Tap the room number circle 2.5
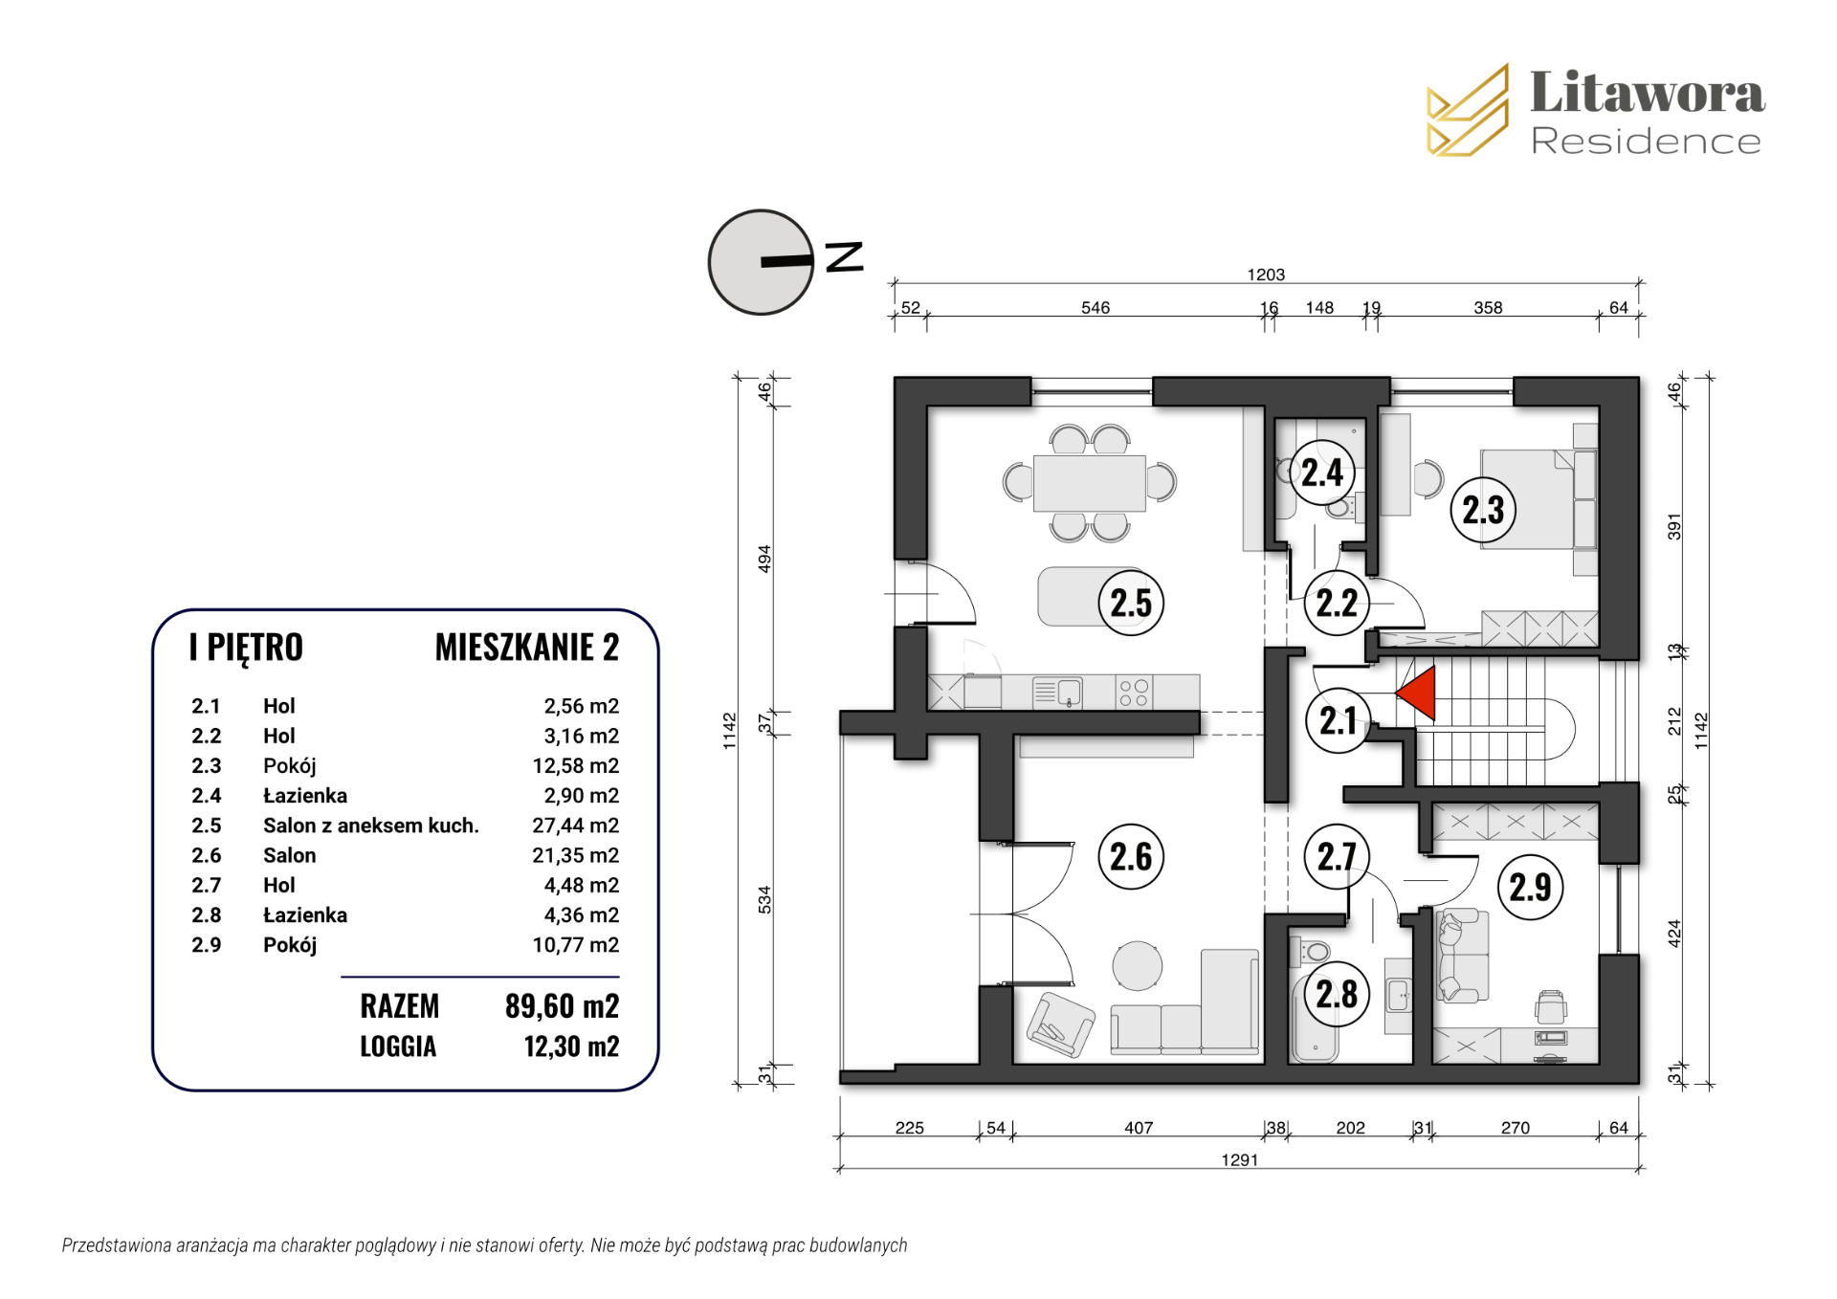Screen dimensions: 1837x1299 (x=1131, y=603)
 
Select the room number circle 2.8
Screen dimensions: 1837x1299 (x=1337, y=994)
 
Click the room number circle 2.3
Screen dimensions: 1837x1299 (x=1483, y=509)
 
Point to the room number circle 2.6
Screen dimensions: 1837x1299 (x=1131, y=856)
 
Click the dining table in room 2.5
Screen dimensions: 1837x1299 (x=1090, y=483)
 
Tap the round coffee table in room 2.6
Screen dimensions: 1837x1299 (x=1139, y=965)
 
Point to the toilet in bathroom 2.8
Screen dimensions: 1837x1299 (x=1313, y=952)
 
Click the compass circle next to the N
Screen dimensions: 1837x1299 (x=761, y=262)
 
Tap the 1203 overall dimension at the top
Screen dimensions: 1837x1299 (x=1265, y=275)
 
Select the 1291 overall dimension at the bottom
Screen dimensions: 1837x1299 (x=1239, y=1159)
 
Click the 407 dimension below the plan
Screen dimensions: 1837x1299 (x=1139, y=1128)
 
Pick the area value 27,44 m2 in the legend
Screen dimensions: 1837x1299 (x=575, y=826)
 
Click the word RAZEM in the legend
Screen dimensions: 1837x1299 (x=399, y=1006)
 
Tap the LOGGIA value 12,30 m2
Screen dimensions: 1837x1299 (x=571, y=1046)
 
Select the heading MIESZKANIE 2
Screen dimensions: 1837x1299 (x=527, y=648)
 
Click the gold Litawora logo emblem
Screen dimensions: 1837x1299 (x=1468, y=110)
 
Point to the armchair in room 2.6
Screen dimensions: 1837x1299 (x=1060, y=1024)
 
